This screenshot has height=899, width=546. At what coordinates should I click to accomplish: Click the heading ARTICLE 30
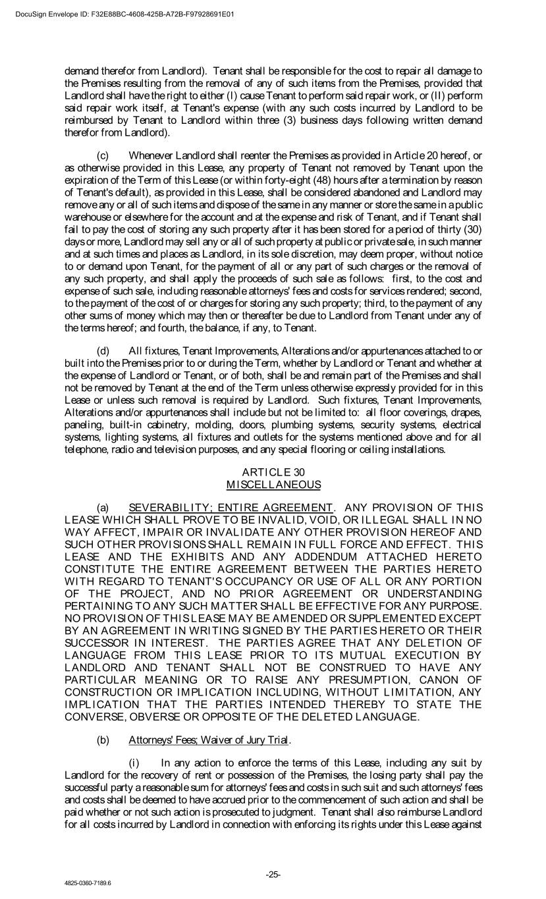coord(273,472)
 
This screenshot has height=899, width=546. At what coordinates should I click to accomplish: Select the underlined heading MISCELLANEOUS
coord(273,485)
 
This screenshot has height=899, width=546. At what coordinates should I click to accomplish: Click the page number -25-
coord(273,875)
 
